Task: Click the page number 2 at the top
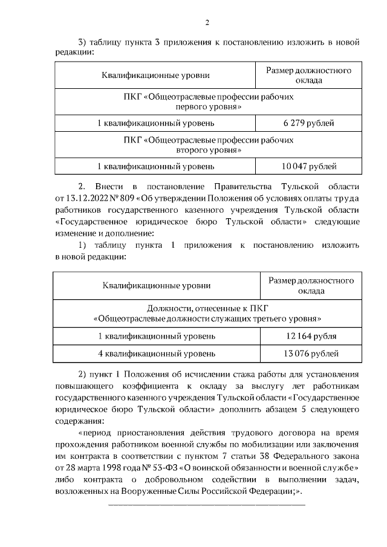point(207,24)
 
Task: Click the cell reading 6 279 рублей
point(308,123)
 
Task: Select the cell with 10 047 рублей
point(308,166)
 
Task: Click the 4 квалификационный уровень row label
point(157,353)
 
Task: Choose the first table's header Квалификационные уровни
point(156,76)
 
